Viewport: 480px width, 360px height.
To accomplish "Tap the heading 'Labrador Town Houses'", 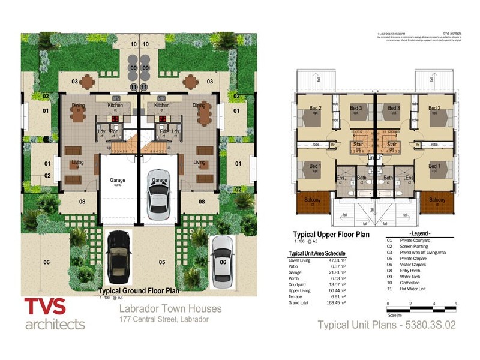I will [170, 309].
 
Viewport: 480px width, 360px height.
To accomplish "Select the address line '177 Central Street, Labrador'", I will [164, 319].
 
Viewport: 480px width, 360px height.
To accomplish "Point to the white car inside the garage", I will [158, 194].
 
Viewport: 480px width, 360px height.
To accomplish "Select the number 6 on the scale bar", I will [456, 305].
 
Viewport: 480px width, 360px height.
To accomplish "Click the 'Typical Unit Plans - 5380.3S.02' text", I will [387, 325].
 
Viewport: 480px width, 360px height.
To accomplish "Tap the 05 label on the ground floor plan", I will [161, 262].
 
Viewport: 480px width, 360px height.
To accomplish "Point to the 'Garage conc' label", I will [116, 181].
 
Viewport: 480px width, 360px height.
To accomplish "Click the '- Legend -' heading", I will [420, 233].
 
